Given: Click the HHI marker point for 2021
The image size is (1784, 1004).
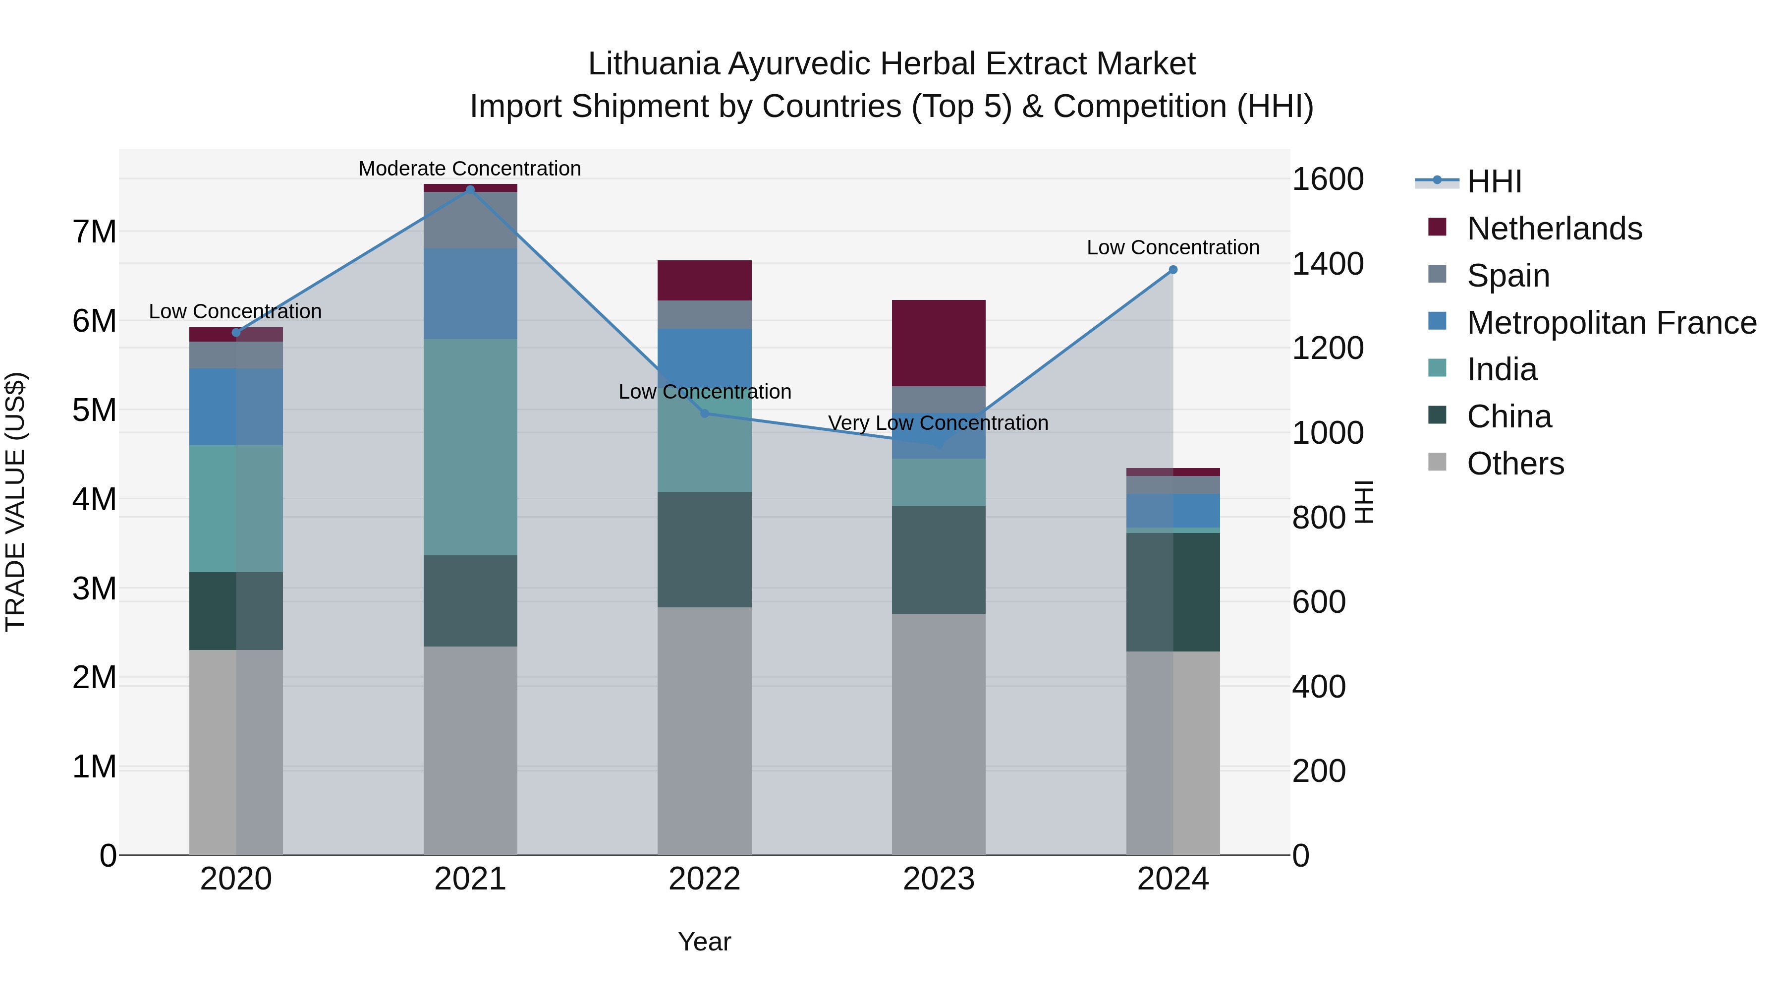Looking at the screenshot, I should (470, 190).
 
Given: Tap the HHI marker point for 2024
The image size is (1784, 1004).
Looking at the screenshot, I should (1172, 270).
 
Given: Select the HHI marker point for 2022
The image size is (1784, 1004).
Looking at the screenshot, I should (704, 413).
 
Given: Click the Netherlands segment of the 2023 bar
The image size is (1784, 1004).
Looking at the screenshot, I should (939, 343).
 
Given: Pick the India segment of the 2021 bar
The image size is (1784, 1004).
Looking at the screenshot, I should (470, 447).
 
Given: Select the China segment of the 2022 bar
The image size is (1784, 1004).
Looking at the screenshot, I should (704, 549).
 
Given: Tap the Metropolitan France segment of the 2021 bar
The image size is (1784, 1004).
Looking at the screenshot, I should (470, 294).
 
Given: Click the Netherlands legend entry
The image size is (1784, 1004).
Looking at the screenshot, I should (1554, 229).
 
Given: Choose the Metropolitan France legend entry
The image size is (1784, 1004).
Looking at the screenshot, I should (1611, 323).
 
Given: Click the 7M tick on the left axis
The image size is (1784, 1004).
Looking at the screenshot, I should (95, 232).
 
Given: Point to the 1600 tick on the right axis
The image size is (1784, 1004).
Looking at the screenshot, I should (1328, 179).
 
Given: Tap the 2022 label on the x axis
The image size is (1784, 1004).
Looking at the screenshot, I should (704, 879).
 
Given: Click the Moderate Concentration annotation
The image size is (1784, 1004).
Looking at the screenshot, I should (470, 169).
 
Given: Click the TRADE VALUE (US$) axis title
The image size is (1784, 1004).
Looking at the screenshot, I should (15, 502).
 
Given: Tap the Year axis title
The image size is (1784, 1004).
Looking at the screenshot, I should (704, 942).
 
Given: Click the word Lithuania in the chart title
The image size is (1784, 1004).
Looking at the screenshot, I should (654, 64).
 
